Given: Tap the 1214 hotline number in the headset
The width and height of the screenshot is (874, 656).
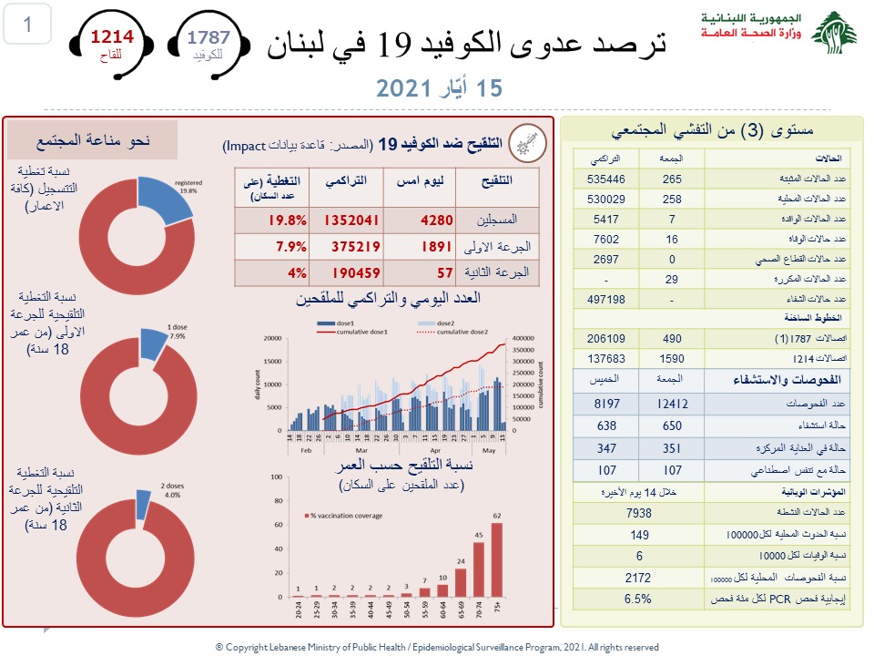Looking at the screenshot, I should pos(111,37).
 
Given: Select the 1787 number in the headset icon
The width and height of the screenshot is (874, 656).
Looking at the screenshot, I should pos(209,37).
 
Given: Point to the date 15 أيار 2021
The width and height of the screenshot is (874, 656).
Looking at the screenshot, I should pos(439,88).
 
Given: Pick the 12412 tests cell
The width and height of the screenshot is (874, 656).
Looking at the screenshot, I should pos(673,403).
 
